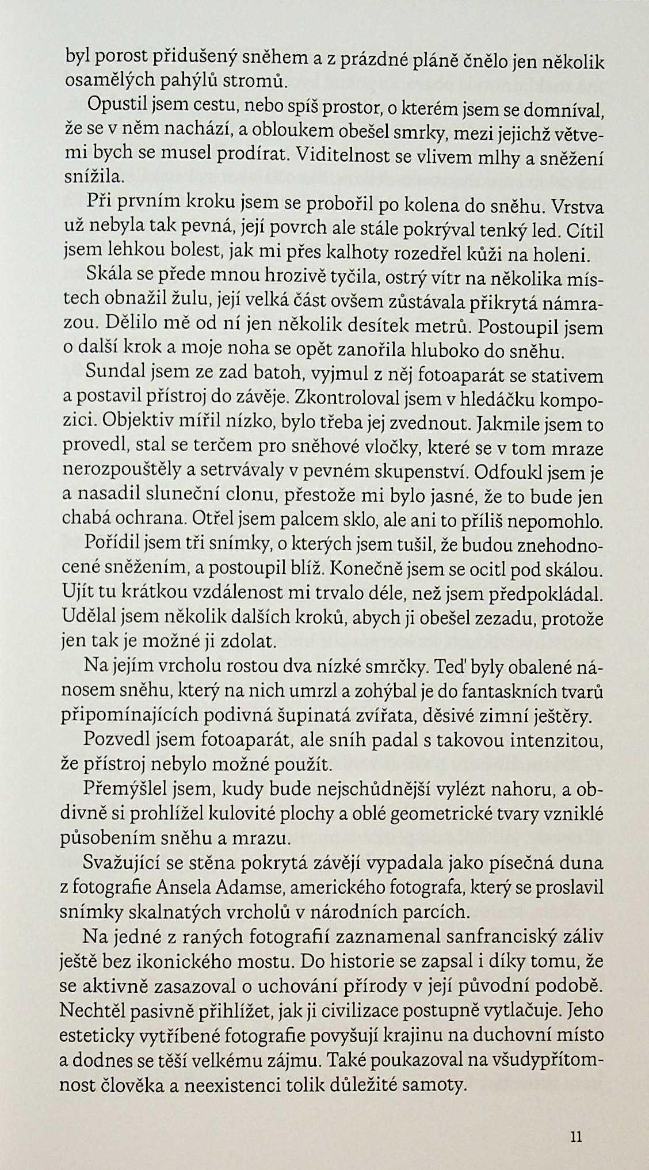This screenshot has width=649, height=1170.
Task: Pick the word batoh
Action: (x=277, y=375)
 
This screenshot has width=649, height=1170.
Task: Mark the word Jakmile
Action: (x=507, y=425)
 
